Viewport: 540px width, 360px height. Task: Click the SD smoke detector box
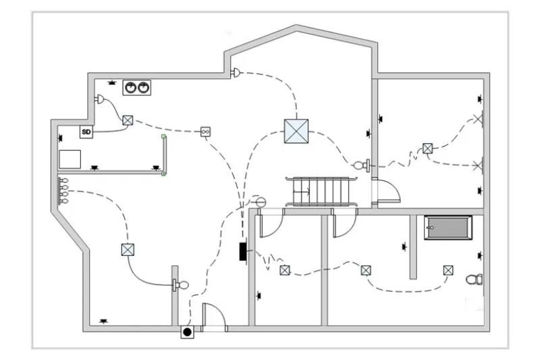pyautogui.click(x=86, y=132)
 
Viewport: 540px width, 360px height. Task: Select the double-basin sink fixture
pyautogui.click(x=137, y=88)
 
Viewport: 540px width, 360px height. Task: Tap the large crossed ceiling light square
pyautogui.click(x=296, y=131)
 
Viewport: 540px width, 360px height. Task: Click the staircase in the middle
pyautogui.click(x=321, y=192)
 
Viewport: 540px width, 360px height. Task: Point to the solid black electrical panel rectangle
pyautogui.click(x=243, y=251)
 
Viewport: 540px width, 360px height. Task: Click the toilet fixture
pyautogui.click(x=475, y=279)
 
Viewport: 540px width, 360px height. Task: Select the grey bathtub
pyautogui.click(x=448, y=228)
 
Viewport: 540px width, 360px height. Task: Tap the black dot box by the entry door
pyautogui.click(x=188, y=332)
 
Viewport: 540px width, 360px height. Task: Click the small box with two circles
pyautogui.click(x=206, y=132)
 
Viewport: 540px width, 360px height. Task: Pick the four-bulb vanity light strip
pyautogui.click(x=63, y=190)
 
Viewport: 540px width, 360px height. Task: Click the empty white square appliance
pyautogui.click(x=70, y=159)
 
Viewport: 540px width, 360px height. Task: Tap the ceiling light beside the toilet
pyautogui.click(x=448, y=270)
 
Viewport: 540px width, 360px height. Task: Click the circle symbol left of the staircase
pyautogui.click(x=261, y=202)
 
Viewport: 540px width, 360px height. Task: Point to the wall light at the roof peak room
pyautogui.click(x=236, y=72)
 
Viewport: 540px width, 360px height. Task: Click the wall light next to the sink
pyautogui.click(x=99, y=99)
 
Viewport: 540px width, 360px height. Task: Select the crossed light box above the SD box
pyautogui.click(x=128, y=120)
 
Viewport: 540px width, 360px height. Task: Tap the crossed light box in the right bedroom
pyautogui.click(x=427, y=149)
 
